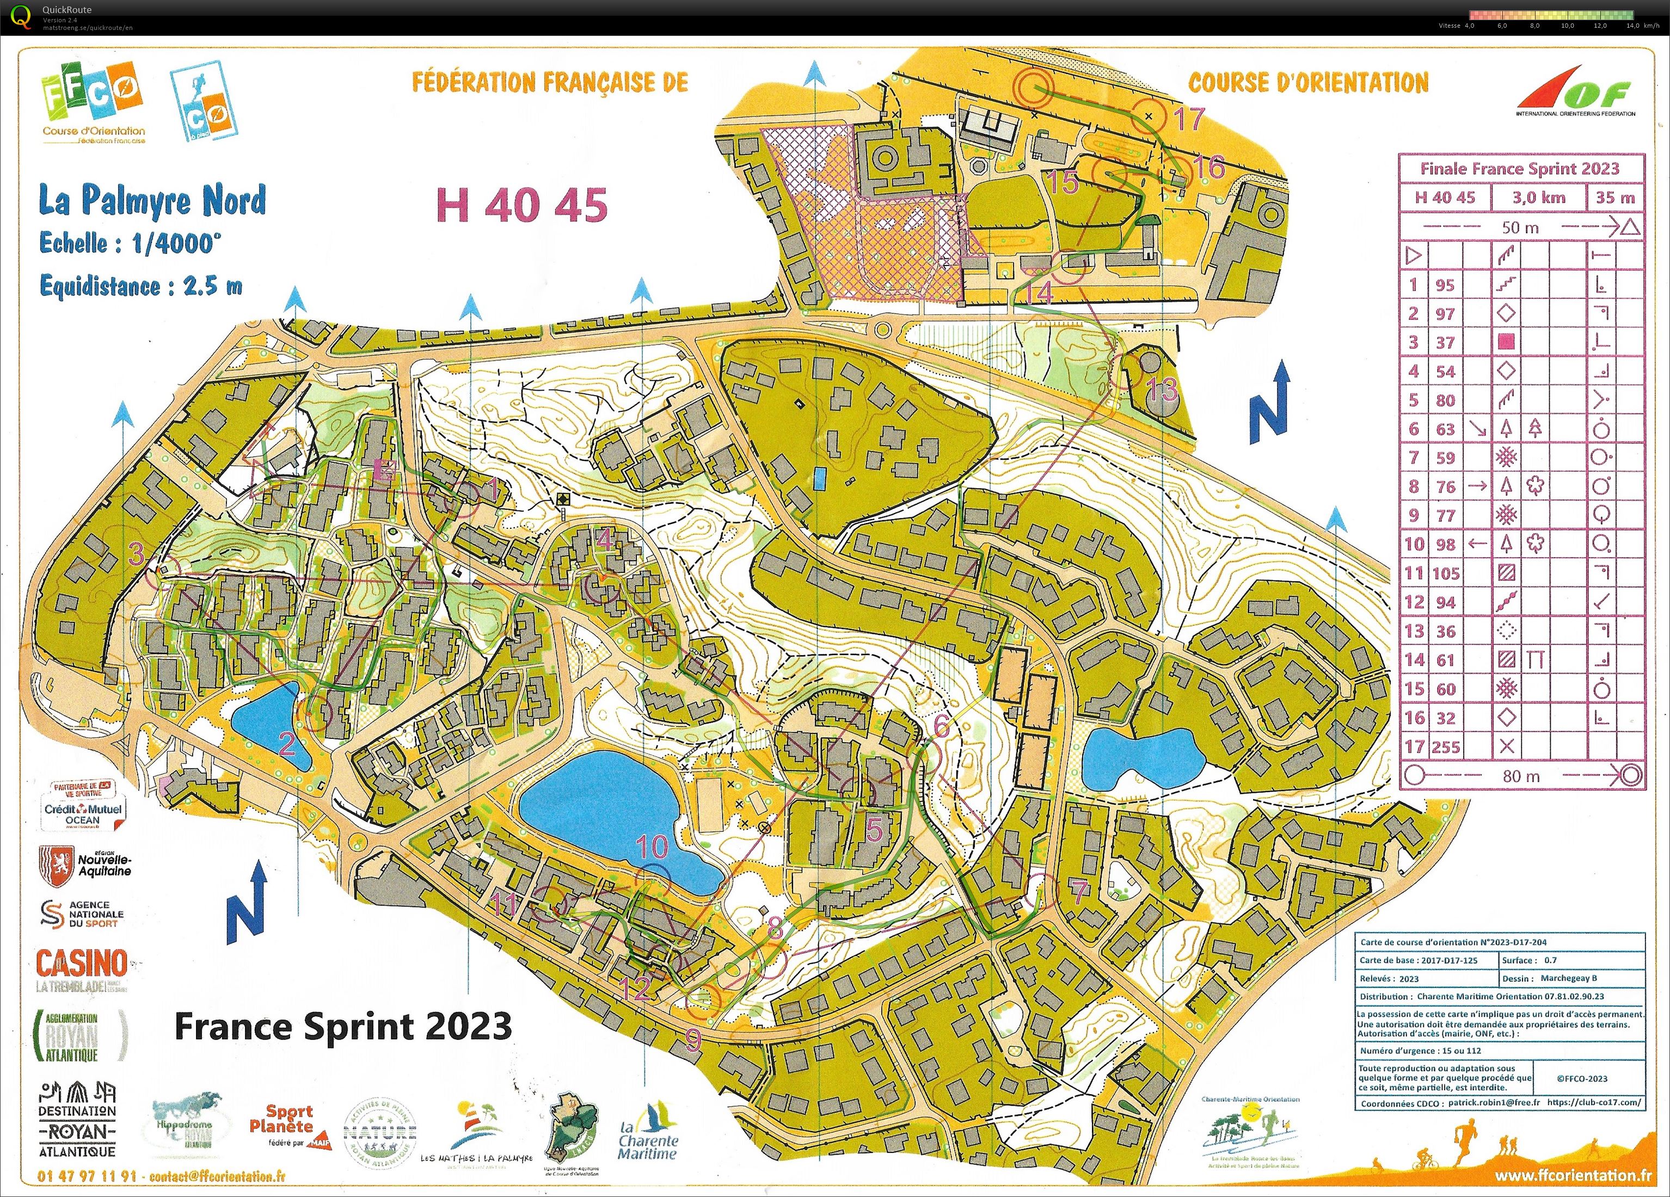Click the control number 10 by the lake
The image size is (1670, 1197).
tap(652, 847)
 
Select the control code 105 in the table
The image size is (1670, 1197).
tap(1445, 573)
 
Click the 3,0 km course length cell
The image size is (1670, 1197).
tap(1539, 198)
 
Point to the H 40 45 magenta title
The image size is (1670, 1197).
tap(522, 205)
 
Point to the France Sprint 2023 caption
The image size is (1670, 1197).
tap(342, 1026)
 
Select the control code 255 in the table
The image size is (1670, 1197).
tap(1445, 746)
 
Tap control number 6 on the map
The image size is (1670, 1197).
tap(942, 726)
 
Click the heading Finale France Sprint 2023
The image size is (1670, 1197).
tap(1520, 169)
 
